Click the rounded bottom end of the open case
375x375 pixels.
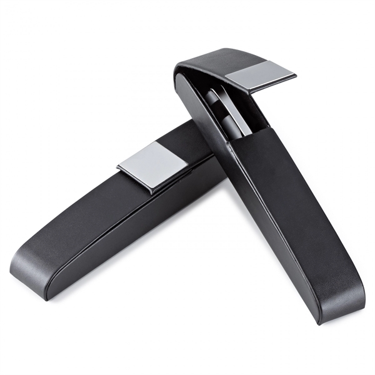point(341,306)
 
